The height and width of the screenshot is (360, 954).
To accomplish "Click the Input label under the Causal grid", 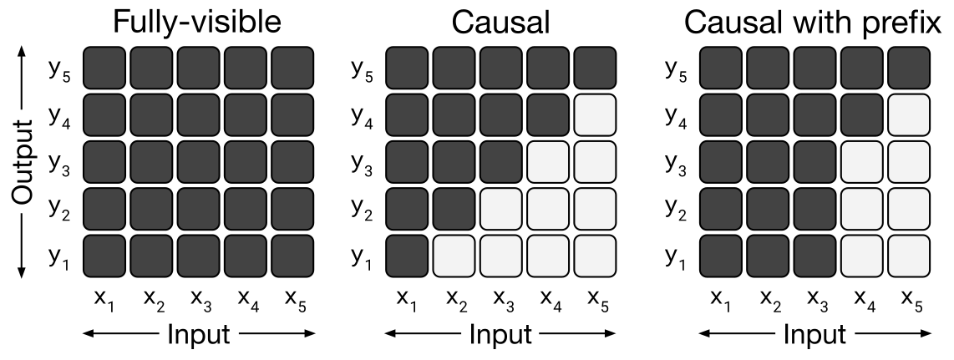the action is pyautogui.click(x=501, y=334).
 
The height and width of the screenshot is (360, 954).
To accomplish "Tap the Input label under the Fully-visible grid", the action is pyautogui.click(x=199, y=334).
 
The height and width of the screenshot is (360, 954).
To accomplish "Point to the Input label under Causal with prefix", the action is pyautogui.click(x=815, y=334).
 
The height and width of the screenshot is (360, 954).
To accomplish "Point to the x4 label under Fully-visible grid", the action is pyautogui.click(x=246, y=300).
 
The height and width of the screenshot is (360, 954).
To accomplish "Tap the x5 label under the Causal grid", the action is pyautogui.click(x=599, y=300).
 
